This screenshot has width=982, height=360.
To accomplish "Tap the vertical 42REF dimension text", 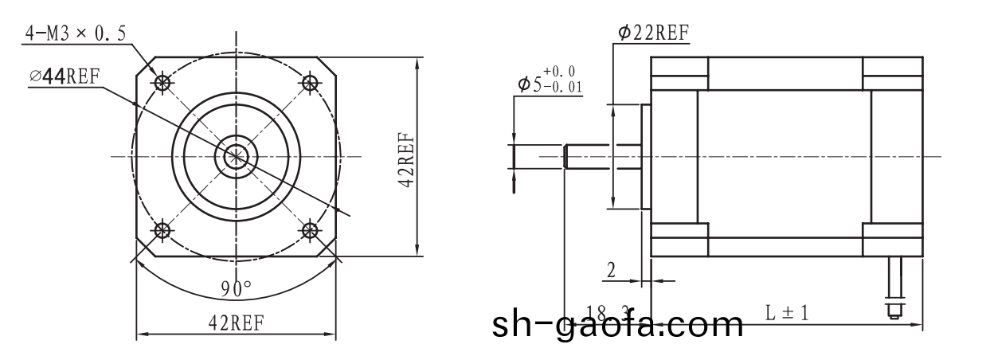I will pyautogui.click(x=405, y=158).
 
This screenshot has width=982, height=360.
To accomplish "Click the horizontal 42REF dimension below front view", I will pyautogui.click(x=236, y=322).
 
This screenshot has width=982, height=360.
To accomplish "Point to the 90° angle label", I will pyautogui.click(x=236, y=288).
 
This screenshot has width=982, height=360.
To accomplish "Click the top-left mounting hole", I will pyautogui.click(x=163, y=82).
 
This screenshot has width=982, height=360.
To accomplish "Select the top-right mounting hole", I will pyautogui.click(x=309, y=82).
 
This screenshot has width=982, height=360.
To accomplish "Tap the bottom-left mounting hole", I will pyautogui.click(x=163, y=231).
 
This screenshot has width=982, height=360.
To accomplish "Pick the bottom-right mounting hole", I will pyautogui.click(x=309, y=231).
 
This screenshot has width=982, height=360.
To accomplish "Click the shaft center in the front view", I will pyautogui.click(x=236, y=156).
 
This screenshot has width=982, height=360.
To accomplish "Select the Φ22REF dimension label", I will pyautogui.click(x=653, y=32).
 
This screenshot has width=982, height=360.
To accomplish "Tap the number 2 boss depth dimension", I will pyautogui.click(x=611, y=270).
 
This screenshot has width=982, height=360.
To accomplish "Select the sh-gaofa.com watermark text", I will pyautogui.click(x=617, y=325).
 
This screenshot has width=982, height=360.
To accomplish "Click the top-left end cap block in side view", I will pyautogui.click(x=679, y=73).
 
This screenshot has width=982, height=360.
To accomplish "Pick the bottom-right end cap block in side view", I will pyautogui.click(x=893, y=240).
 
